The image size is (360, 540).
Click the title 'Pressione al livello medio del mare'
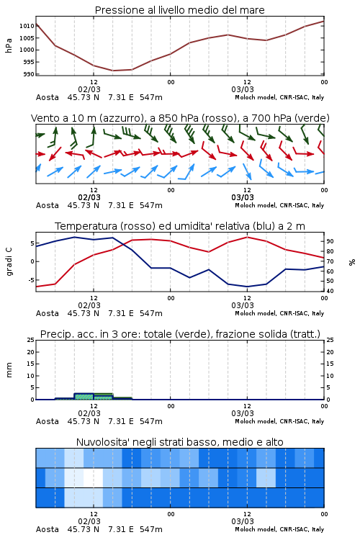coord(179,10)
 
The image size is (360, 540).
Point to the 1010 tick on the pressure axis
coord(27,26)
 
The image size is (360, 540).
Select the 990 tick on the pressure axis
coord(29,74)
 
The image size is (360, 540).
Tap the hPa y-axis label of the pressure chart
coord(9,45)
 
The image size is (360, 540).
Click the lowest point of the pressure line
coord(113,71)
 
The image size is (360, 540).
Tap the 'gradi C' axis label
coord(9,261)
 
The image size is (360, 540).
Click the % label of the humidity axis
coord(352,262)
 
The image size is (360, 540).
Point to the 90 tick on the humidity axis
coord(330,241)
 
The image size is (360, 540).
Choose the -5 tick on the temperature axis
coord(32,280)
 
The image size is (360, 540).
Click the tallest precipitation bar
coord(84,397)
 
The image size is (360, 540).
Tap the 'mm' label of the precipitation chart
coord(9,370)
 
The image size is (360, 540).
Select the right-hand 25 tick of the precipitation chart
coord(330,340)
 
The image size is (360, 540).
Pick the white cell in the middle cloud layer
coord(94,477)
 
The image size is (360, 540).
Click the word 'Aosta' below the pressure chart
coord(48,97)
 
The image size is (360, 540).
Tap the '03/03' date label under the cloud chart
coord(243,521)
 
